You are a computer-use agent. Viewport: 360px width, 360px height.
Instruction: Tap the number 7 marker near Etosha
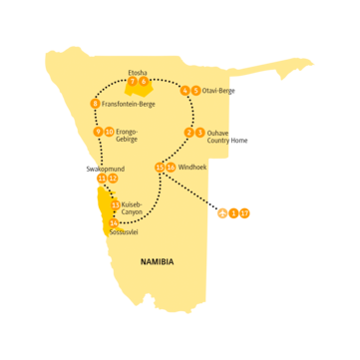[133, 83]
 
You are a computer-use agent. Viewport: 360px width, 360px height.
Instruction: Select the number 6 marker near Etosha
[145, 83]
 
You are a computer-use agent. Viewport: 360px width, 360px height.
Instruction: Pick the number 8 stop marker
[96, 104]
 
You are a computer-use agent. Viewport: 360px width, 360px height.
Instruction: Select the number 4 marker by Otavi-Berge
[185, 92]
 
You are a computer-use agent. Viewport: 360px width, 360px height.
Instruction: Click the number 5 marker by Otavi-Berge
[195, 92]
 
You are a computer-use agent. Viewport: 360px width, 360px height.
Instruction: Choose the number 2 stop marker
[189, 133]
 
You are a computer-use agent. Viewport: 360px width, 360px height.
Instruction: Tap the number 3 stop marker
[200, 133]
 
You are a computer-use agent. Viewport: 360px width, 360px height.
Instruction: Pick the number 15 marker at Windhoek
[161, 167]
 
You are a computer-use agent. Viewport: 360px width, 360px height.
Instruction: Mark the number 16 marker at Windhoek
[172, 167]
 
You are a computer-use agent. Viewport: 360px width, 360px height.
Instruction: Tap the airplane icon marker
[221, 212]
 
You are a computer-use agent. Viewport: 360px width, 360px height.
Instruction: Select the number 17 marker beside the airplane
[244, 212]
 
